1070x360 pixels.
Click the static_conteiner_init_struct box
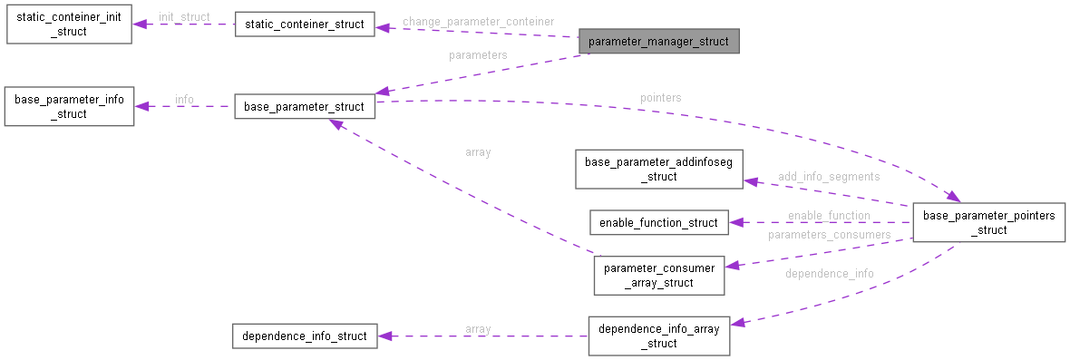coord(69,24)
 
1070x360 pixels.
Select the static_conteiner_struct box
coord(305,24)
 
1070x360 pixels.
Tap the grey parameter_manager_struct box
coord(658,42)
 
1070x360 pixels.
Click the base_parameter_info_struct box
coord(69,106)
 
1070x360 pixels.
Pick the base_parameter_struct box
coord(304,106)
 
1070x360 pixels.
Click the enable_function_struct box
coord(658,222)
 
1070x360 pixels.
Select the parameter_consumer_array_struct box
coord(658,275)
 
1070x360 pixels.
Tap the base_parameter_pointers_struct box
coord(988,222)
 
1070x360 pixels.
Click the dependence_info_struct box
coord(304,336)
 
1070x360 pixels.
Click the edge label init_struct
coord(184,17)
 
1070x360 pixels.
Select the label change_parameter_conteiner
coord(478,21)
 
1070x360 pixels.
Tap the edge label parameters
coord(478,55)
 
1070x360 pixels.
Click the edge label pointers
coord(660,97)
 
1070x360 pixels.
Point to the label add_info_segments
coord(829,176)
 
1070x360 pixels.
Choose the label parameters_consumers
coord(829,235)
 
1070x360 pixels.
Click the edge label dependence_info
coord(830,273)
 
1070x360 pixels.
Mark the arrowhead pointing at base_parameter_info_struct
coord(141,106)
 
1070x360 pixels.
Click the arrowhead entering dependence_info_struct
coord(384,336)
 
